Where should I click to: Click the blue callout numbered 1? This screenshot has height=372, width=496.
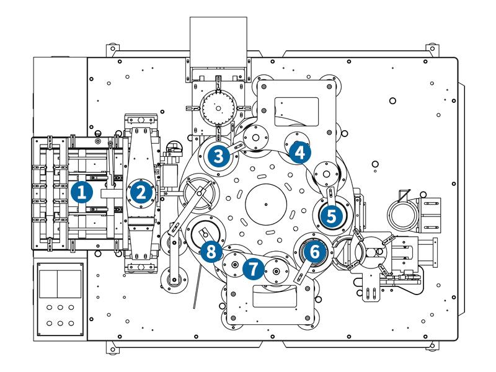tap(81, 192)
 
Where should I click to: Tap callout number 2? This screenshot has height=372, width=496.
tap(141, 192)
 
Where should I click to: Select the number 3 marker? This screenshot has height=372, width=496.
tap(218, 156)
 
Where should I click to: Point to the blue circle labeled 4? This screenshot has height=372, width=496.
tap(299, 152)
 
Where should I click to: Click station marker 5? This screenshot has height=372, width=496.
tap(331, 216)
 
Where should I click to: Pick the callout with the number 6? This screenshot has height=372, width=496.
tap(314, 252)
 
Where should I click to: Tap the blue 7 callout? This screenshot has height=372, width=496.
tap(252, 268)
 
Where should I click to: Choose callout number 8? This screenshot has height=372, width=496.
tap(211, 252)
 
